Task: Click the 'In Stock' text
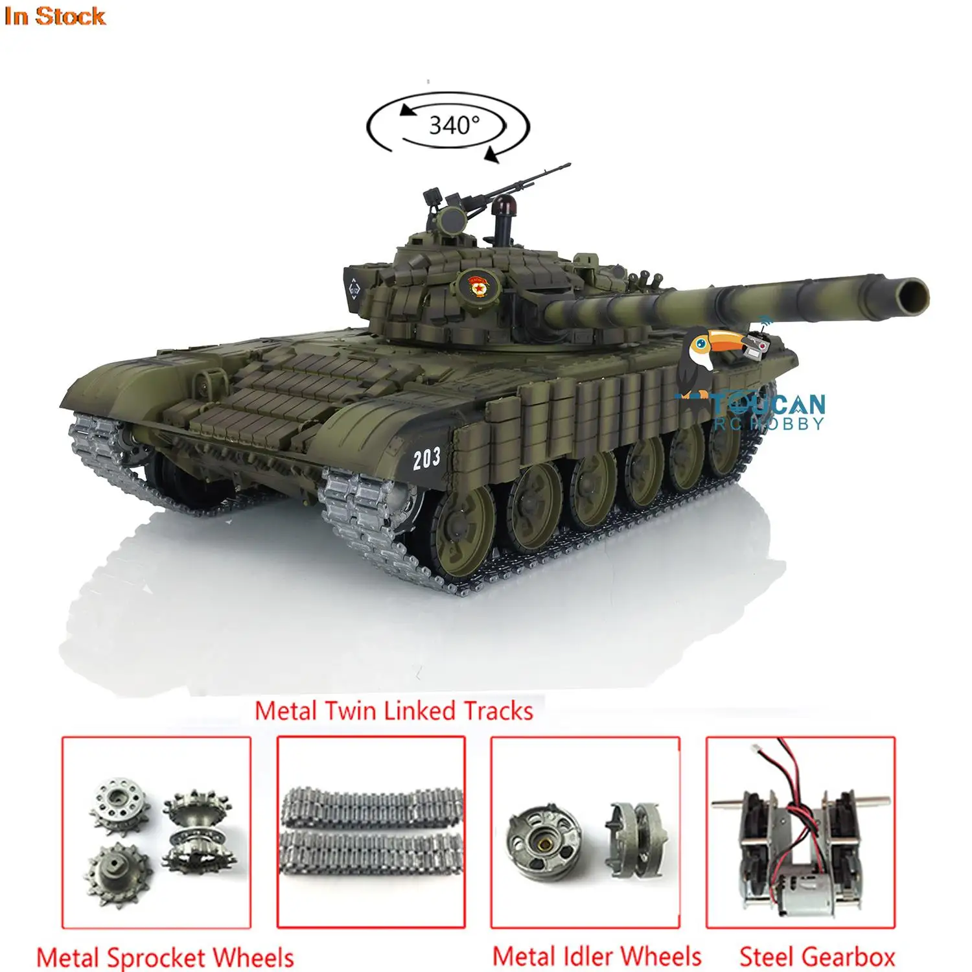pos(54,16)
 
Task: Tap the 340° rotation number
pos(454,124)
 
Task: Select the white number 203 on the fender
pos(426,459)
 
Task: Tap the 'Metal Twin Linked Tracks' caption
pos(393,712)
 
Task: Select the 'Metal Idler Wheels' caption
pos(597,956)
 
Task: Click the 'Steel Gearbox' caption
pos(817,956)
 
